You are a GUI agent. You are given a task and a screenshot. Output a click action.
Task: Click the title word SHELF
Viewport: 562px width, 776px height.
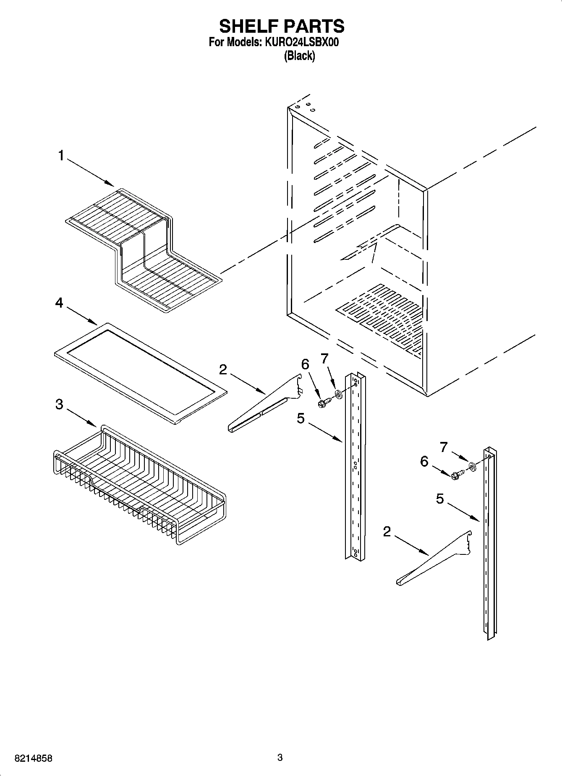(248, 26)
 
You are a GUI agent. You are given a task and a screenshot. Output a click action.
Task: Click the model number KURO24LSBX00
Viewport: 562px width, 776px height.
(301, 42)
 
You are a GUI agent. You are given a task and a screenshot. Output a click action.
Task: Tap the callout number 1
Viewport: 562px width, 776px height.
(61, 156)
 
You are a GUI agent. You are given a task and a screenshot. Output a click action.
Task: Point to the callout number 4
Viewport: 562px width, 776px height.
(59, 302)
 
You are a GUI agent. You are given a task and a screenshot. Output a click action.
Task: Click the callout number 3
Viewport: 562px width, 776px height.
(59, 404)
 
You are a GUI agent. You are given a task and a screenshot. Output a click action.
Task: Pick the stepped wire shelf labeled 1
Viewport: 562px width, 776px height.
(143, 248)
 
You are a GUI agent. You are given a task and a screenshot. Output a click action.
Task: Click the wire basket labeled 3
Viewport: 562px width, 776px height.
(139, 487)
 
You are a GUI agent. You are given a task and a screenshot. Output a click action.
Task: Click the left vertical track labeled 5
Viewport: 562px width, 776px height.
(355, 466)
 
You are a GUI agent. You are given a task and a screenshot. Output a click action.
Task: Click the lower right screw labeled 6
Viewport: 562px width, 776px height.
(457, 475)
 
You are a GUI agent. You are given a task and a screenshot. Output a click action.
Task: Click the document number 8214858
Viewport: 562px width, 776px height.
(33, 758)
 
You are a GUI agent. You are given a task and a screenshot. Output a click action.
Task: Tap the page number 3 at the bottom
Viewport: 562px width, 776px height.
(280, 758)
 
